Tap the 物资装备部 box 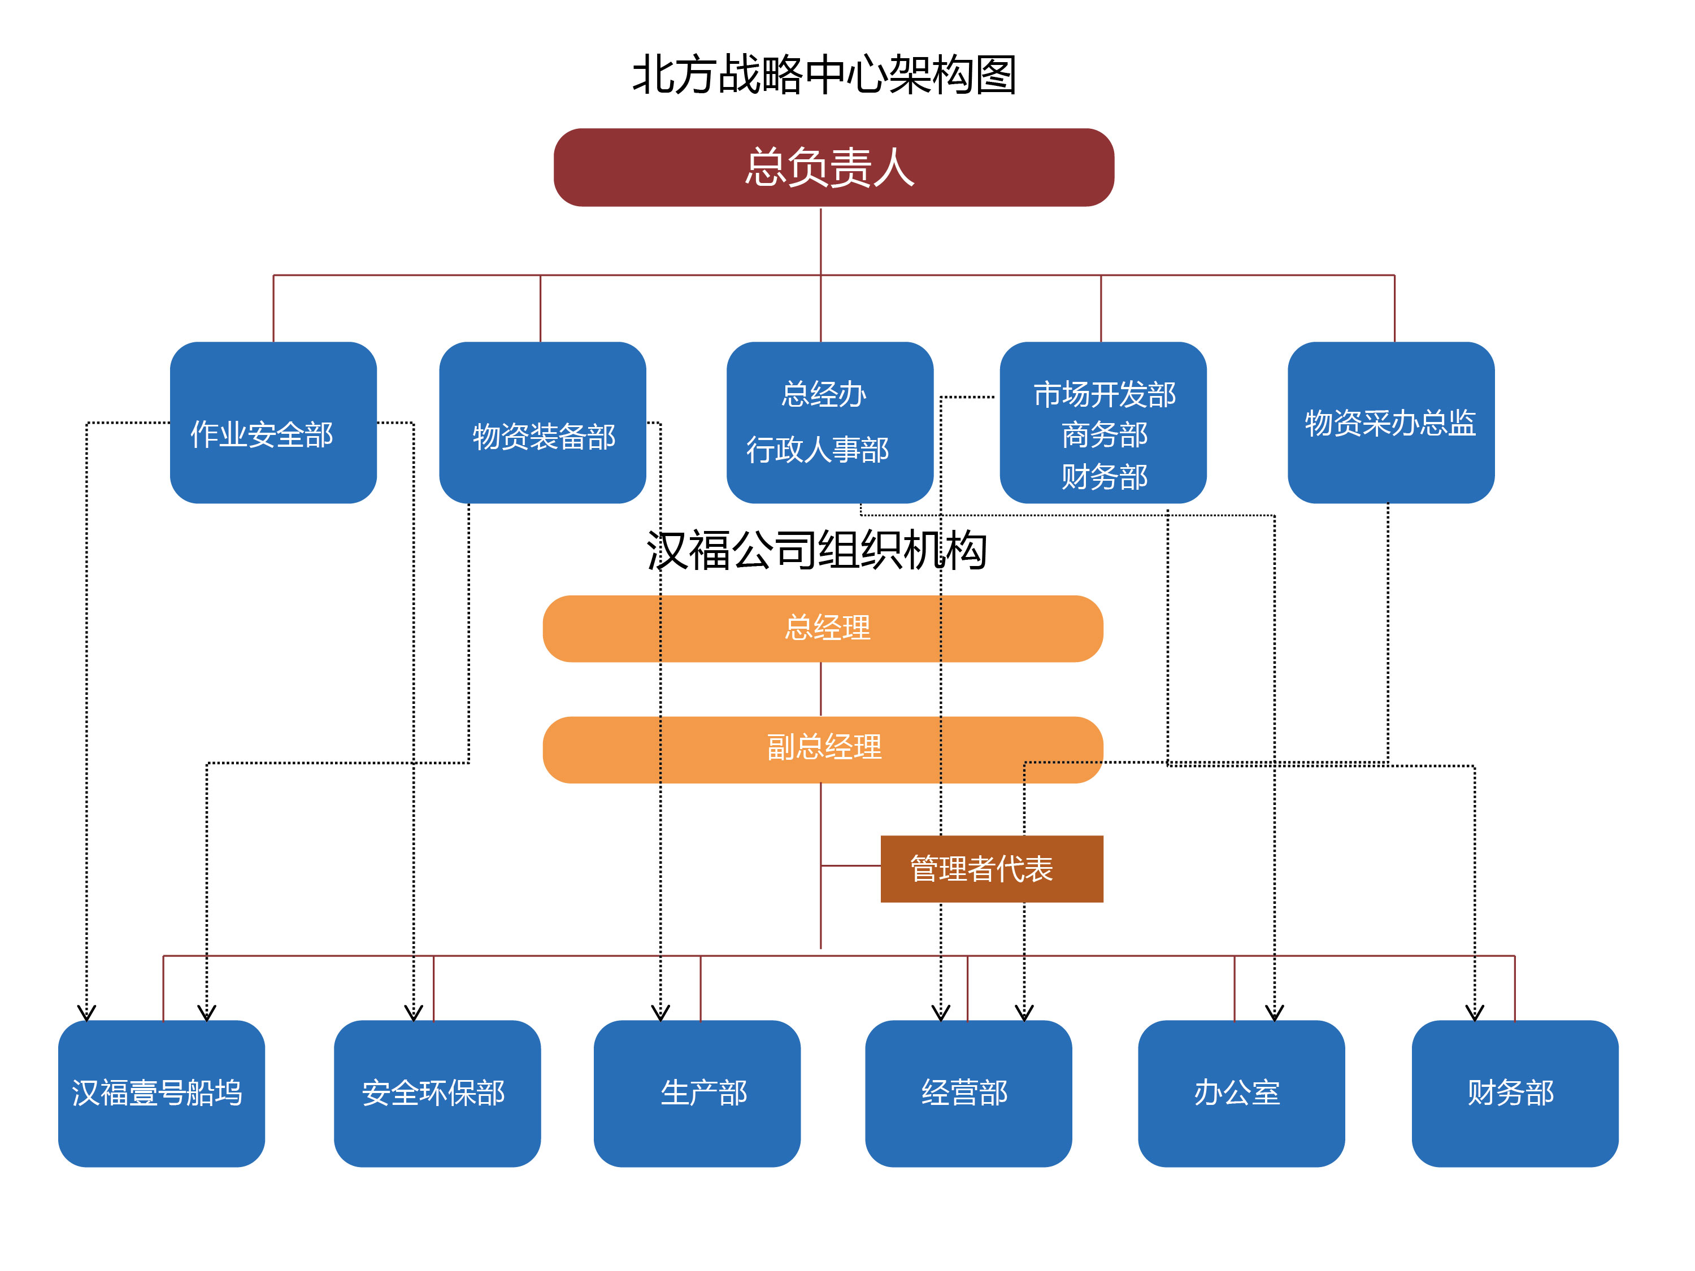tap(542, 423)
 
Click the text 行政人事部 tap(818, 450)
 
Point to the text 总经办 tap(823, 394)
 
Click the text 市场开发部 tap(1103, 394)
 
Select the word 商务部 tap(1103, 435)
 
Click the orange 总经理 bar tap(822, 628)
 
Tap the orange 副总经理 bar tap(822, 748)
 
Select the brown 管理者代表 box tap(991, 869)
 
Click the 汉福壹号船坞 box tap(161, 1092)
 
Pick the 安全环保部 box tap(437, 1092)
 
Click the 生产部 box tap(697, 1092)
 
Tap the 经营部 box tap(968, 1092)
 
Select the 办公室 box tap(1241, 1092)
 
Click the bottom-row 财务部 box tap(1514, 1092)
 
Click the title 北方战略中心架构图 tap(824, 75)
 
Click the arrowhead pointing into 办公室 tap(1274, 1013)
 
